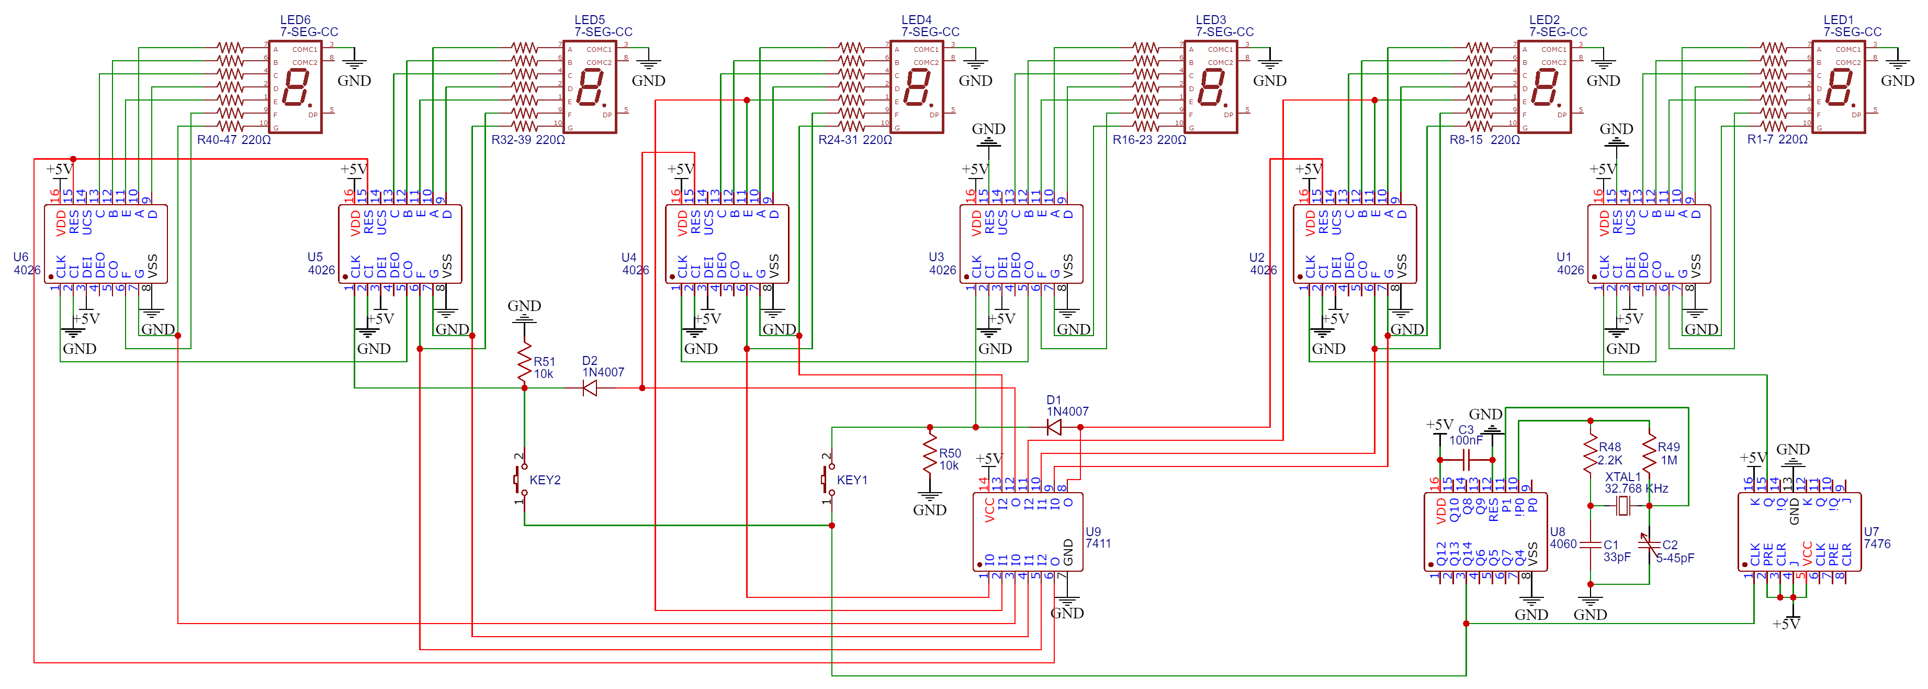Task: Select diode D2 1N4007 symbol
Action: point(590,388)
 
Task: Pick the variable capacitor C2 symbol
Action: point(1648,545)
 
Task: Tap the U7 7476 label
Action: point(1876,538)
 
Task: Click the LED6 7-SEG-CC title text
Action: point(308,26)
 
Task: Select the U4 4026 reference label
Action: point(635,264)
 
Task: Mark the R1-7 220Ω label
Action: point(1777,140)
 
